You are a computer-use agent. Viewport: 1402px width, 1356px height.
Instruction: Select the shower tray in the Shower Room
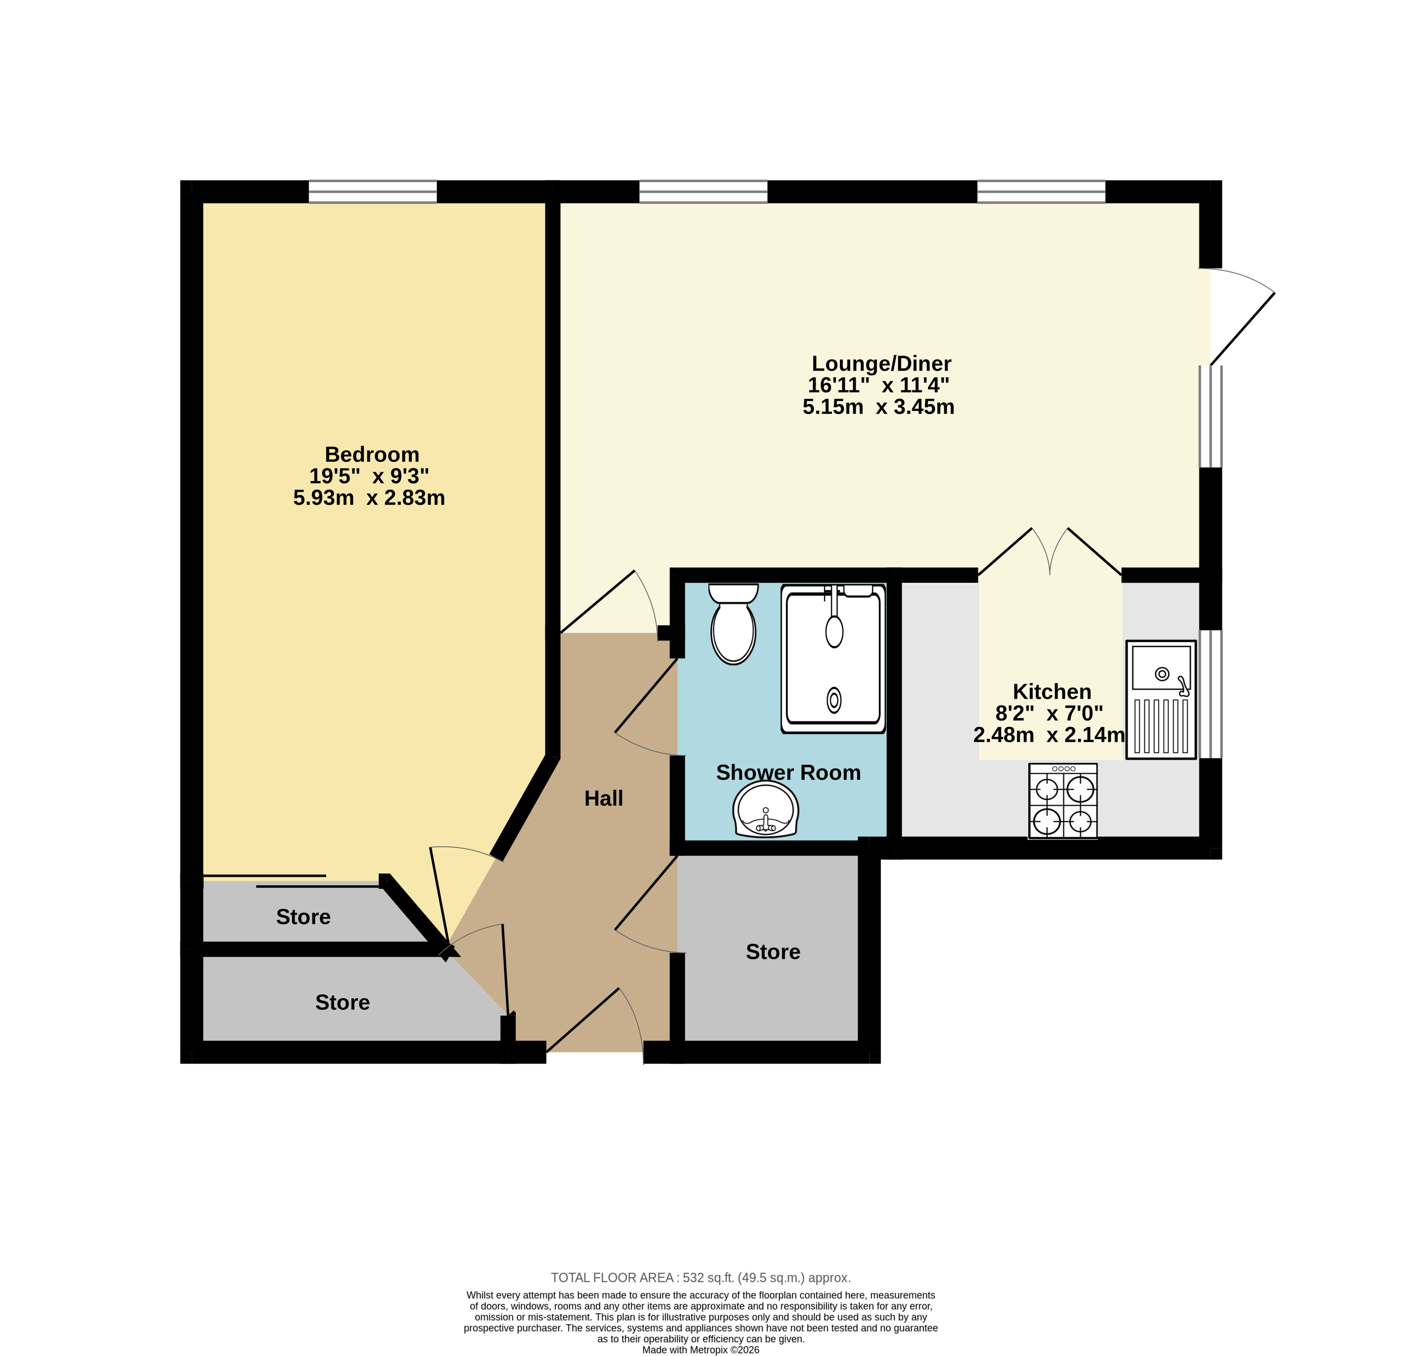click(x=834, y=658)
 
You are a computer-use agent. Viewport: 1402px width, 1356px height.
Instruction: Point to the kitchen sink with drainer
click(x=1161, y=699)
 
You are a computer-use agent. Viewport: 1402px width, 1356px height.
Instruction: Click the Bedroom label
click(x=372, y=454)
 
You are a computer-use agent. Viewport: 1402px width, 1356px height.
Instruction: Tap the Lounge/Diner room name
click(x=881, y=364)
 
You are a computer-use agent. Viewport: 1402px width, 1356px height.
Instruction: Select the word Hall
click(x=604, y=798)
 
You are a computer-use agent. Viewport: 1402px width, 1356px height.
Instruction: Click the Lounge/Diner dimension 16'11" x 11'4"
click(x=878, y=385)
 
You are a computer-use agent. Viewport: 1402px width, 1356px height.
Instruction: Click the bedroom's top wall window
click(x=373, y=192)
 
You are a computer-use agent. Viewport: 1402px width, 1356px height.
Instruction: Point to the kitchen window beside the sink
click(x=1210, y=693)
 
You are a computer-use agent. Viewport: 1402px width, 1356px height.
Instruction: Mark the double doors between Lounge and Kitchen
click(x=1049, y=551)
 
